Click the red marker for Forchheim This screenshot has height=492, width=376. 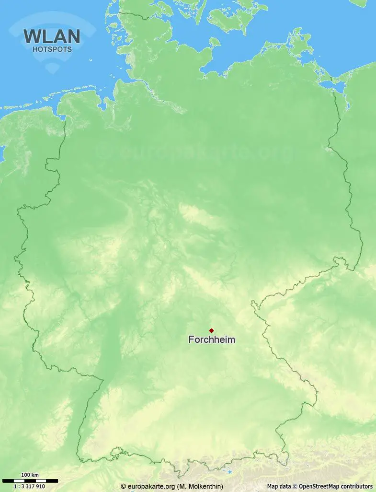[x=211, y=330]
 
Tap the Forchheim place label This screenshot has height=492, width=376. [x=212, y=340]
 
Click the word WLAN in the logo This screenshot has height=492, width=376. [x=52, y=36]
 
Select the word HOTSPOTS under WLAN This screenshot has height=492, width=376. [x=52, y=49]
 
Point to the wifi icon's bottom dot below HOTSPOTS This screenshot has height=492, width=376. [x=52, y=70]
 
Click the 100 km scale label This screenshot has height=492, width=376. [x=30, y=475]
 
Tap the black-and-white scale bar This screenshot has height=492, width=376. [x=30, y=480]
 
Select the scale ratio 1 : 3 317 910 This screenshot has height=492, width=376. [x=30, y=486]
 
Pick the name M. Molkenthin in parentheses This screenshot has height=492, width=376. [x=200, y=486]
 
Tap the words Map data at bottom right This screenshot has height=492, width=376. [x=279, y=486]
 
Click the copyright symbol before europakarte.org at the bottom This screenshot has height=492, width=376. [x=123, y=486]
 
